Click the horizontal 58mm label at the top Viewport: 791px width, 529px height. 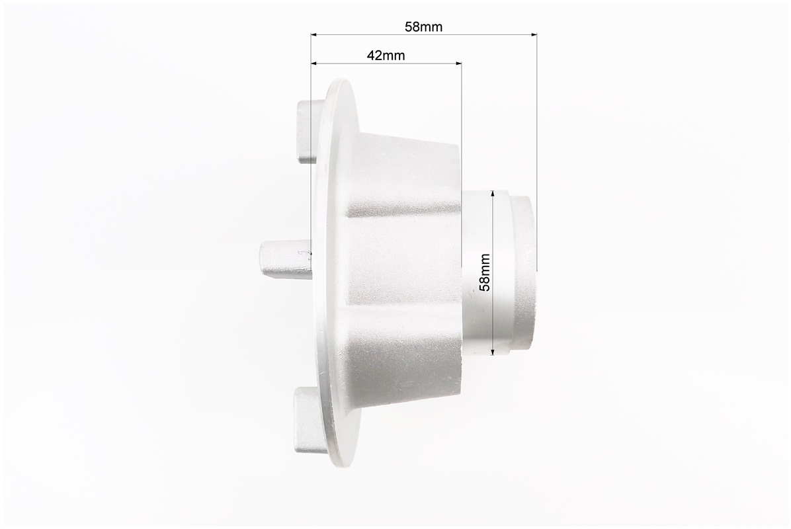tap(423, 26)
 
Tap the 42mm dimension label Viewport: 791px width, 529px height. tap(386, 56)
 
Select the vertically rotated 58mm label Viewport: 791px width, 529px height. tap(484, 272)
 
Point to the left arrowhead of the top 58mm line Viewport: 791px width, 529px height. tap(314, 35)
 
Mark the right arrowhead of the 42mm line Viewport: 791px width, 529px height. tap(458, 63)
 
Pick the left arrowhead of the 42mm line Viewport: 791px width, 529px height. tap(314, 63)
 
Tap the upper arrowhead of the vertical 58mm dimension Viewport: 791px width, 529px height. tap(492, 194)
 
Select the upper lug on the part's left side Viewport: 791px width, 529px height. tap(308, 131)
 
